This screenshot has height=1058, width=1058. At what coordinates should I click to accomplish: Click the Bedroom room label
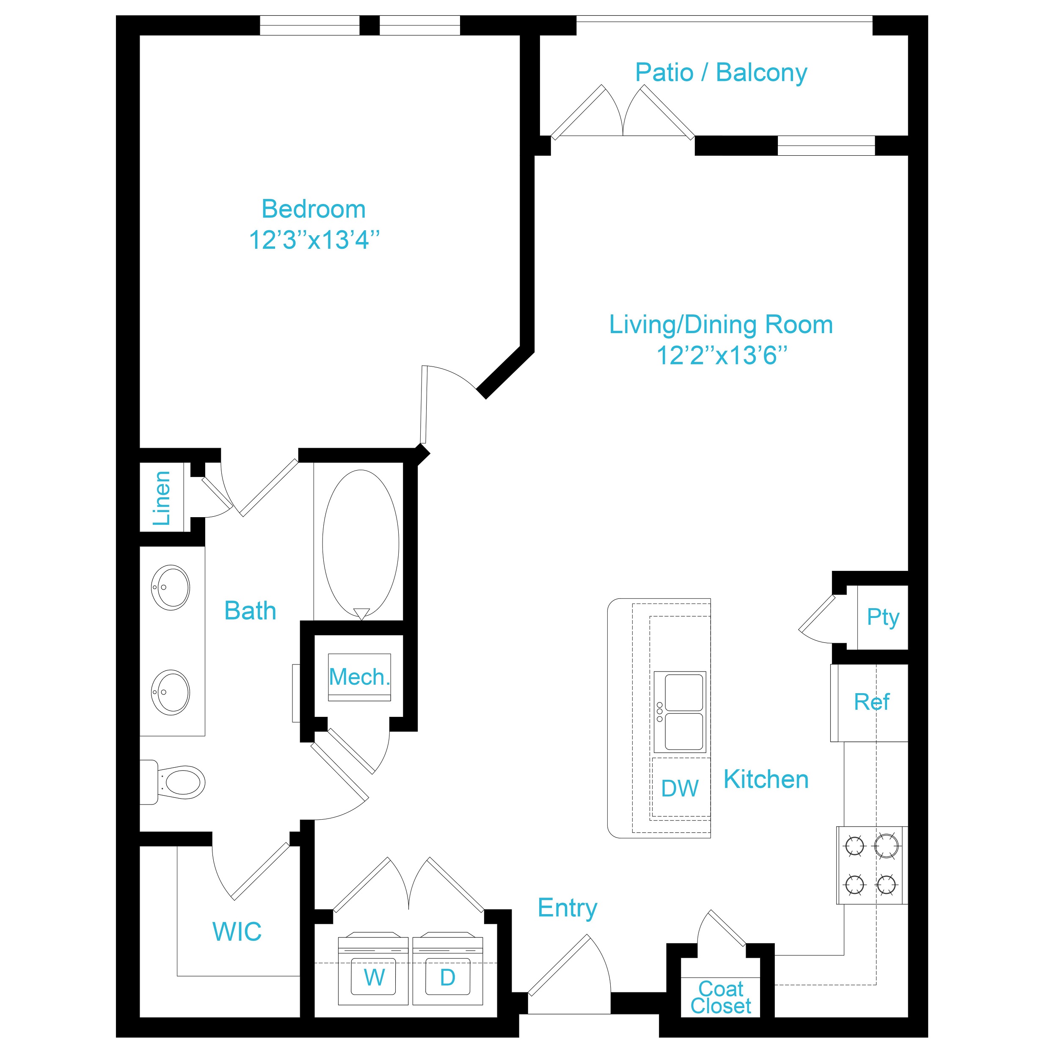[x=313, y=209]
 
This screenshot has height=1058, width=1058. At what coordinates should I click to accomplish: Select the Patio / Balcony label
[x=721, y=73]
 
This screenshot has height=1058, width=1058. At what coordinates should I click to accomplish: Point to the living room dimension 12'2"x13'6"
[x=722, y=355]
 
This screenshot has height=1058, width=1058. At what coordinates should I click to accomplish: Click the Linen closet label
[x=162, y=499]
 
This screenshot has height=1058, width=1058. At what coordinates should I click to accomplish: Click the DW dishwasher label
[x=680, y=788]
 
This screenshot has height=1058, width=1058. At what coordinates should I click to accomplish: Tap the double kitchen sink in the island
[x=680, y=712]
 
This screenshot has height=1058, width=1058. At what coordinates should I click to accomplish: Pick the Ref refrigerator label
[x=872, y=702]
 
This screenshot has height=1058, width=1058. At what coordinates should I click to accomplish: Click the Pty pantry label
[x=883, y=617]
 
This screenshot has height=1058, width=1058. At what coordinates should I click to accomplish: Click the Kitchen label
[x=766, y=779]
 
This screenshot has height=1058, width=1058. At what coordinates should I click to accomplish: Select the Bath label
[x=250, y=611]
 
